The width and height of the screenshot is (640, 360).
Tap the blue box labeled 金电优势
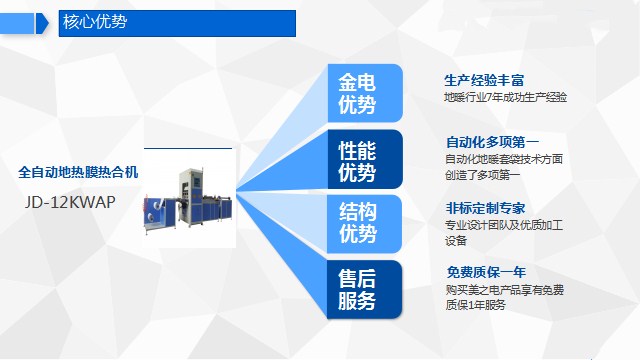(365, 93)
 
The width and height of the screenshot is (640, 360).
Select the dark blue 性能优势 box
(365, 160)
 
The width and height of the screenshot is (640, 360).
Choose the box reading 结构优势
(365, 223)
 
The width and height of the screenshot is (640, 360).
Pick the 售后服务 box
(365, 288)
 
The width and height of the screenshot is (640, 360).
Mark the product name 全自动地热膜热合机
(79, 172)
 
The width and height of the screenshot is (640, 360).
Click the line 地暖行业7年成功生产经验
(505, 97)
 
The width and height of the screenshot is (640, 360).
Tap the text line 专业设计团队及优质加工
(505, 225)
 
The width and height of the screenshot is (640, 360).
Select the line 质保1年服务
(476, 305)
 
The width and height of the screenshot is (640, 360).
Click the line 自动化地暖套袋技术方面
(505, 159)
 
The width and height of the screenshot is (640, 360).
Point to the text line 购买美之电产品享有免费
(505, 289)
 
